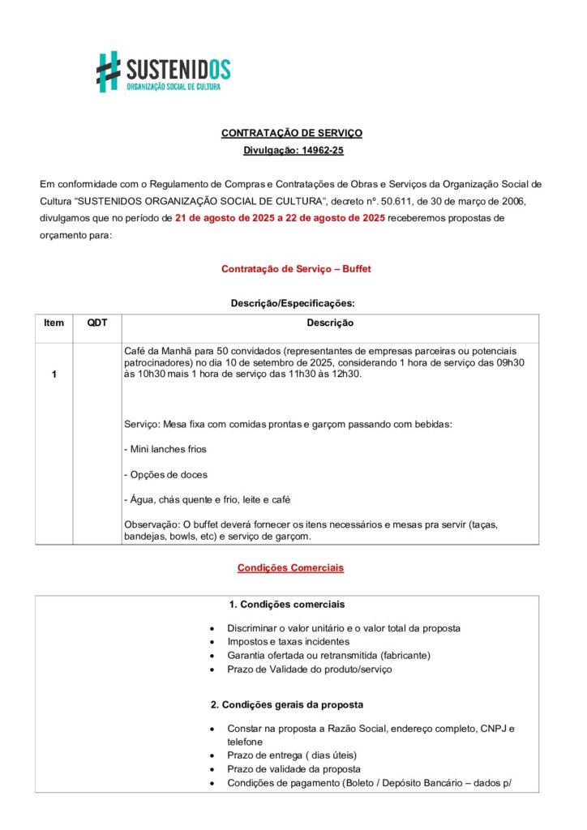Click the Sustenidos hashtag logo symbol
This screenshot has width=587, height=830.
click(x=108, y=71)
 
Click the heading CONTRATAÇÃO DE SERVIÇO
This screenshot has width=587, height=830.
click(x=292, y=133)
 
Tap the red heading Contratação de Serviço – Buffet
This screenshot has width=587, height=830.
click(x=296, y=268)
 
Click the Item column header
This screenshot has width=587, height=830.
click(x=54, y=323)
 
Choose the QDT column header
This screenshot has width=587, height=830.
click(x=96, y=323)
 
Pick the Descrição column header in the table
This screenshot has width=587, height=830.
click(x=330, y=323)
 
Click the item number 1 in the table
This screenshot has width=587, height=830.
click(x=54, y=374)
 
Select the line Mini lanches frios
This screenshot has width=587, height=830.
click(x=165, y=449)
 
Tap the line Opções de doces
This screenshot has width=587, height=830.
click(x=165, y=474)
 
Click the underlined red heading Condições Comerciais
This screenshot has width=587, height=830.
click(x=290, y=568)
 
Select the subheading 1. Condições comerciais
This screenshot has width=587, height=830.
click(x=286, y=605)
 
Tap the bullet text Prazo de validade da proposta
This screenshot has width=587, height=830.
click(x=293, y=768)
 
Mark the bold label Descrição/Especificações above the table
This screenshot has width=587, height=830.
click(x=293, y=303)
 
